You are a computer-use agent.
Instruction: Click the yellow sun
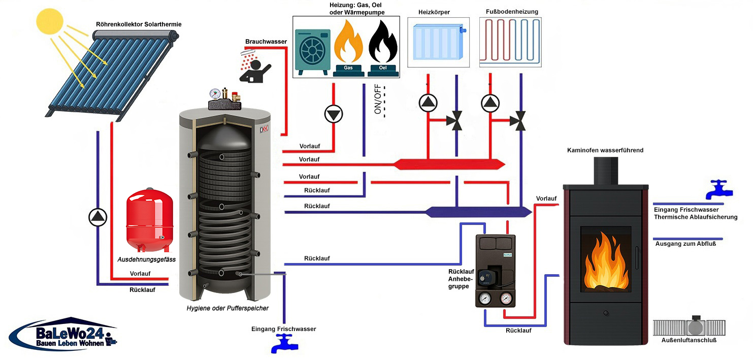pos(51,21)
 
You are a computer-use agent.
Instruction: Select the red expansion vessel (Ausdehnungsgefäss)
pos(149,219)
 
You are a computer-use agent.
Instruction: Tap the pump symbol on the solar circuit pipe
pos(96,217)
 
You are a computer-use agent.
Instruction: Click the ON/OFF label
pos(378,102)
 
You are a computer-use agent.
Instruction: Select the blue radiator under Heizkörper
pos(436,45)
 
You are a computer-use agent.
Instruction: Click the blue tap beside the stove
pos(720,189)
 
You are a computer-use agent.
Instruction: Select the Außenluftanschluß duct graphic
pos(692,326)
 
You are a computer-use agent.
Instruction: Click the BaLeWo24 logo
pos(63,336)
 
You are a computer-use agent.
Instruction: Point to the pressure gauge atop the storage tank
pos(215,94)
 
